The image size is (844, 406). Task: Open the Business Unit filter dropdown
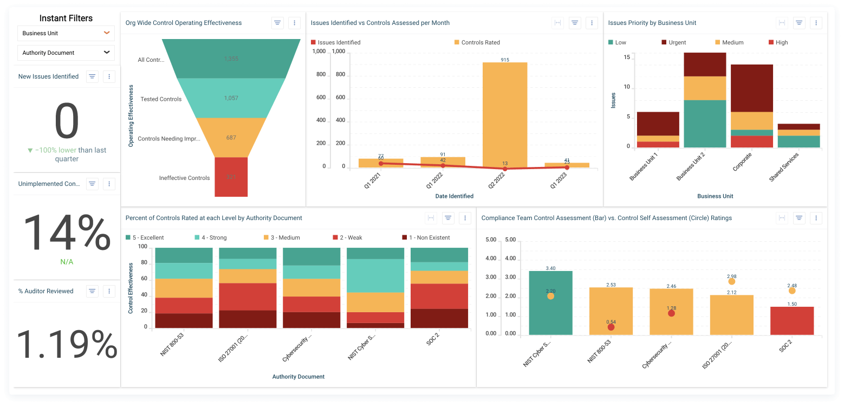66,33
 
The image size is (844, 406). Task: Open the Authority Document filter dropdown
66,53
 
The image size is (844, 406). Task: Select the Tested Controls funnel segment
231,98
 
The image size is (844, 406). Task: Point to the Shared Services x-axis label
783,167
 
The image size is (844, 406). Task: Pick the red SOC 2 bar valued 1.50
792,320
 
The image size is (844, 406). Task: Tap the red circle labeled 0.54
611,327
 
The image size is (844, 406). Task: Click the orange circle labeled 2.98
732,281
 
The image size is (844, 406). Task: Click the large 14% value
67,233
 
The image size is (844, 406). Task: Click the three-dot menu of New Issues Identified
109,76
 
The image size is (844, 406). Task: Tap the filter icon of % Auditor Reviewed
93,291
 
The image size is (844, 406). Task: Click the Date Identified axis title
454,196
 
